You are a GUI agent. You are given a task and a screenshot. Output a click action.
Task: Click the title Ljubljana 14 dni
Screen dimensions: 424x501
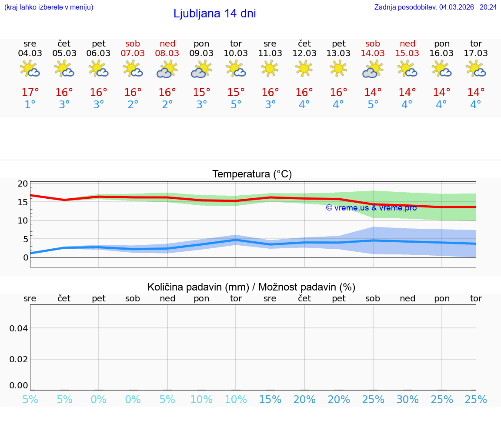click(214, 13)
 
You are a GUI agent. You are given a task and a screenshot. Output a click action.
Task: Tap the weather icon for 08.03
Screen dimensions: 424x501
click(167, 69)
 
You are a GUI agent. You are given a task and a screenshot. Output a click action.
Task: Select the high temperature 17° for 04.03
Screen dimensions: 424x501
click(30, 93)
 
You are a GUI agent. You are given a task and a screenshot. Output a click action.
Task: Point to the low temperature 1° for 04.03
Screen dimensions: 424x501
click(30, 105)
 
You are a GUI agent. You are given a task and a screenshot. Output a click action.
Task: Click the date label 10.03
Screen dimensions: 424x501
click(236, 53)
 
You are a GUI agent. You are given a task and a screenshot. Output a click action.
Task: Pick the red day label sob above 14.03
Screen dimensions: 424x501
click(373, 43)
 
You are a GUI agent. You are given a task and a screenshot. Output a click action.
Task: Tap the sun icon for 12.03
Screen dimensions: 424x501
click(304, 68)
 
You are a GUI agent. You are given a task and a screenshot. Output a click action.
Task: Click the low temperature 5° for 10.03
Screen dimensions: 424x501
click(236, 105)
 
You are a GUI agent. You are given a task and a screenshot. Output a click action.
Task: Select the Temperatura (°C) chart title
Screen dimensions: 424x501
click(252, 174)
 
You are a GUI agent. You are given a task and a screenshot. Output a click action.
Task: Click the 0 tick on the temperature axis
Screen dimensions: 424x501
click(26, 257)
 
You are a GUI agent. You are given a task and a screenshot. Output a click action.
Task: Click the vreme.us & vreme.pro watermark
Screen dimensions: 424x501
click(371, 208)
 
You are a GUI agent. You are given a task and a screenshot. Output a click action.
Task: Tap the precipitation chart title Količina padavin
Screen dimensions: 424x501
click(251, 287)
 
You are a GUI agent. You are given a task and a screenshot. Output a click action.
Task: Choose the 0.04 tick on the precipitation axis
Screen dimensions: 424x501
click(19, 328)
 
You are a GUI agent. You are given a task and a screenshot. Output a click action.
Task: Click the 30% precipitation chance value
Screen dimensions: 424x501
click(407, 400)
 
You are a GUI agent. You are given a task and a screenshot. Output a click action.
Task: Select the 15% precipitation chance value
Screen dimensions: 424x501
click(270, 400)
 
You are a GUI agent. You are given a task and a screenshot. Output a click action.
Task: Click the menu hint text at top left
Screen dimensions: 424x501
click(49, 7)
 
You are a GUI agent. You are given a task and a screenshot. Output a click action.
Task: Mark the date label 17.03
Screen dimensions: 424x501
click(476, 53)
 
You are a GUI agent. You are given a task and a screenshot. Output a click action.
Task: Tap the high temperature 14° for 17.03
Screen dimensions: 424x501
click(476, 93)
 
